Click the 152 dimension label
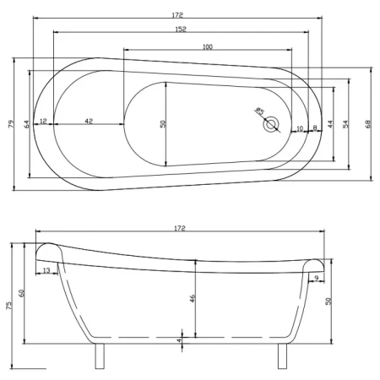[x=181, y=29]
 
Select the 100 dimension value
[x=208, y=46]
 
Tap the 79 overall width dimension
[x=10, y=124]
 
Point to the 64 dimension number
[x=27, y=124]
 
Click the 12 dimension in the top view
[x=43, y=121]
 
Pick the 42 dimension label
[x=89, y=121]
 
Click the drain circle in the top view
[x=271, y=124]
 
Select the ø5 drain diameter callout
[x=259, y=111]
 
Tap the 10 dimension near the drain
[x=300, y=128]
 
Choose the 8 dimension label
[x=315, y=128]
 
